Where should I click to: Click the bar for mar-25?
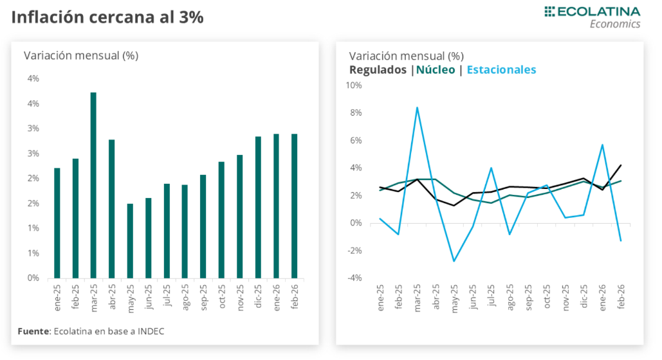point(93,185)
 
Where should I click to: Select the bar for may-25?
point(130,241)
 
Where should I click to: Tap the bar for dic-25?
point(258,207)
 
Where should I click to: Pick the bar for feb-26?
point(295,206)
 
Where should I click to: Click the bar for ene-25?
point(57,223)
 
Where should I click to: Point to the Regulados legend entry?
point(378,70)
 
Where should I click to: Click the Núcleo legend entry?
point(436,70)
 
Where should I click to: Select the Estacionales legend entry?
point(501,70)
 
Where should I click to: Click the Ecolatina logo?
point(592,17)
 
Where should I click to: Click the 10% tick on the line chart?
point(354,85)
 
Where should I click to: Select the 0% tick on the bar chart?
point(33,278)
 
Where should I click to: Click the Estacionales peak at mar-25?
point(417,107)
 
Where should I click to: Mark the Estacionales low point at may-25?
point(454,261)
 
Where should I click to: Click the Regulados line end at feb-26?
point(620,165)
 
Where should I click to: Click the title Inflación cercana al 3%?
point(107,17)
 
